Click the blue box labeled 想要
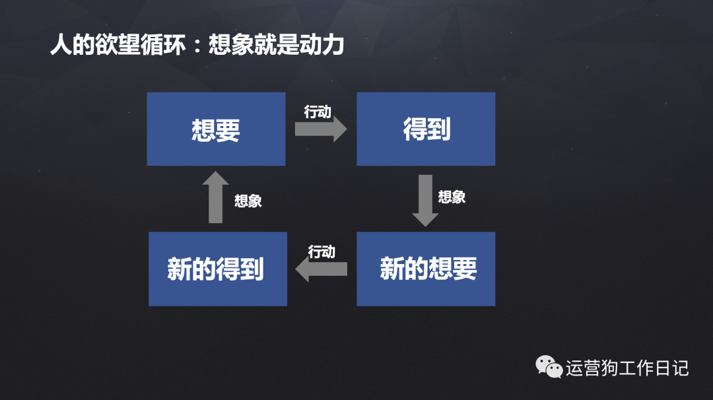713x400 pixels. [216, 129]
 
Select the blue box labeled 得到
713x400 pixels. [426, 129]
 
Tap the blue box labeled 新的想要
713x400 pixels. [426, 269]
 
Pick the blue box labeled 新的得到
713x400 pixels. [217, 269]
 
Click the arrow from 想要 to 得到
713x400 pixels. [320, 129]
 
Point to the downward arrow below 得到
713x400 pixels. [425, 200]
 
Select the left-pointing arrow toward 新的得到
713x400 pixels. [321, 269]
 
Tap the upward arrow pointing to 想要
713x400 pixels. [215, 197]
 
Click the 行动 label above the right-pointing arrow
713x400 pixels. [318, 112]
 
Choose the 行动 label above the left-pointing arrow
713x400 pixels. [322, 251]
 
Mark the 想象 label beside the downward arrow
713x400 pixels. [452, 197]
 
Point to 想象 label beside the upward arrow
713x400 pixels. [248, 201]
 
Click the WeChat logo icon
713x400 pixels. [549, 367]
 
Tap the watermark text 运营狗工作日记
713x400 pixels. [627, 368]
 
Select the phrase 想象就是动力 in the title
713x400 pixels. [276, 46]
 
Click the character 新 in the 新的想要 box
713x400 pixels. [391, 269]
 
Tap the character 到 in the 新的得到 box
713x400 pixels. [252, 269]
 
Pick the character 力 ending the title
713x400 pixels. [333, 46]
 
